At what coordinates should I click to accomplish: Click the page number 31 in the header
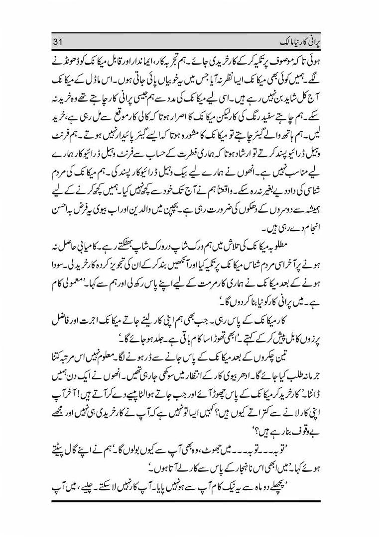[x=58, y=41]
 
